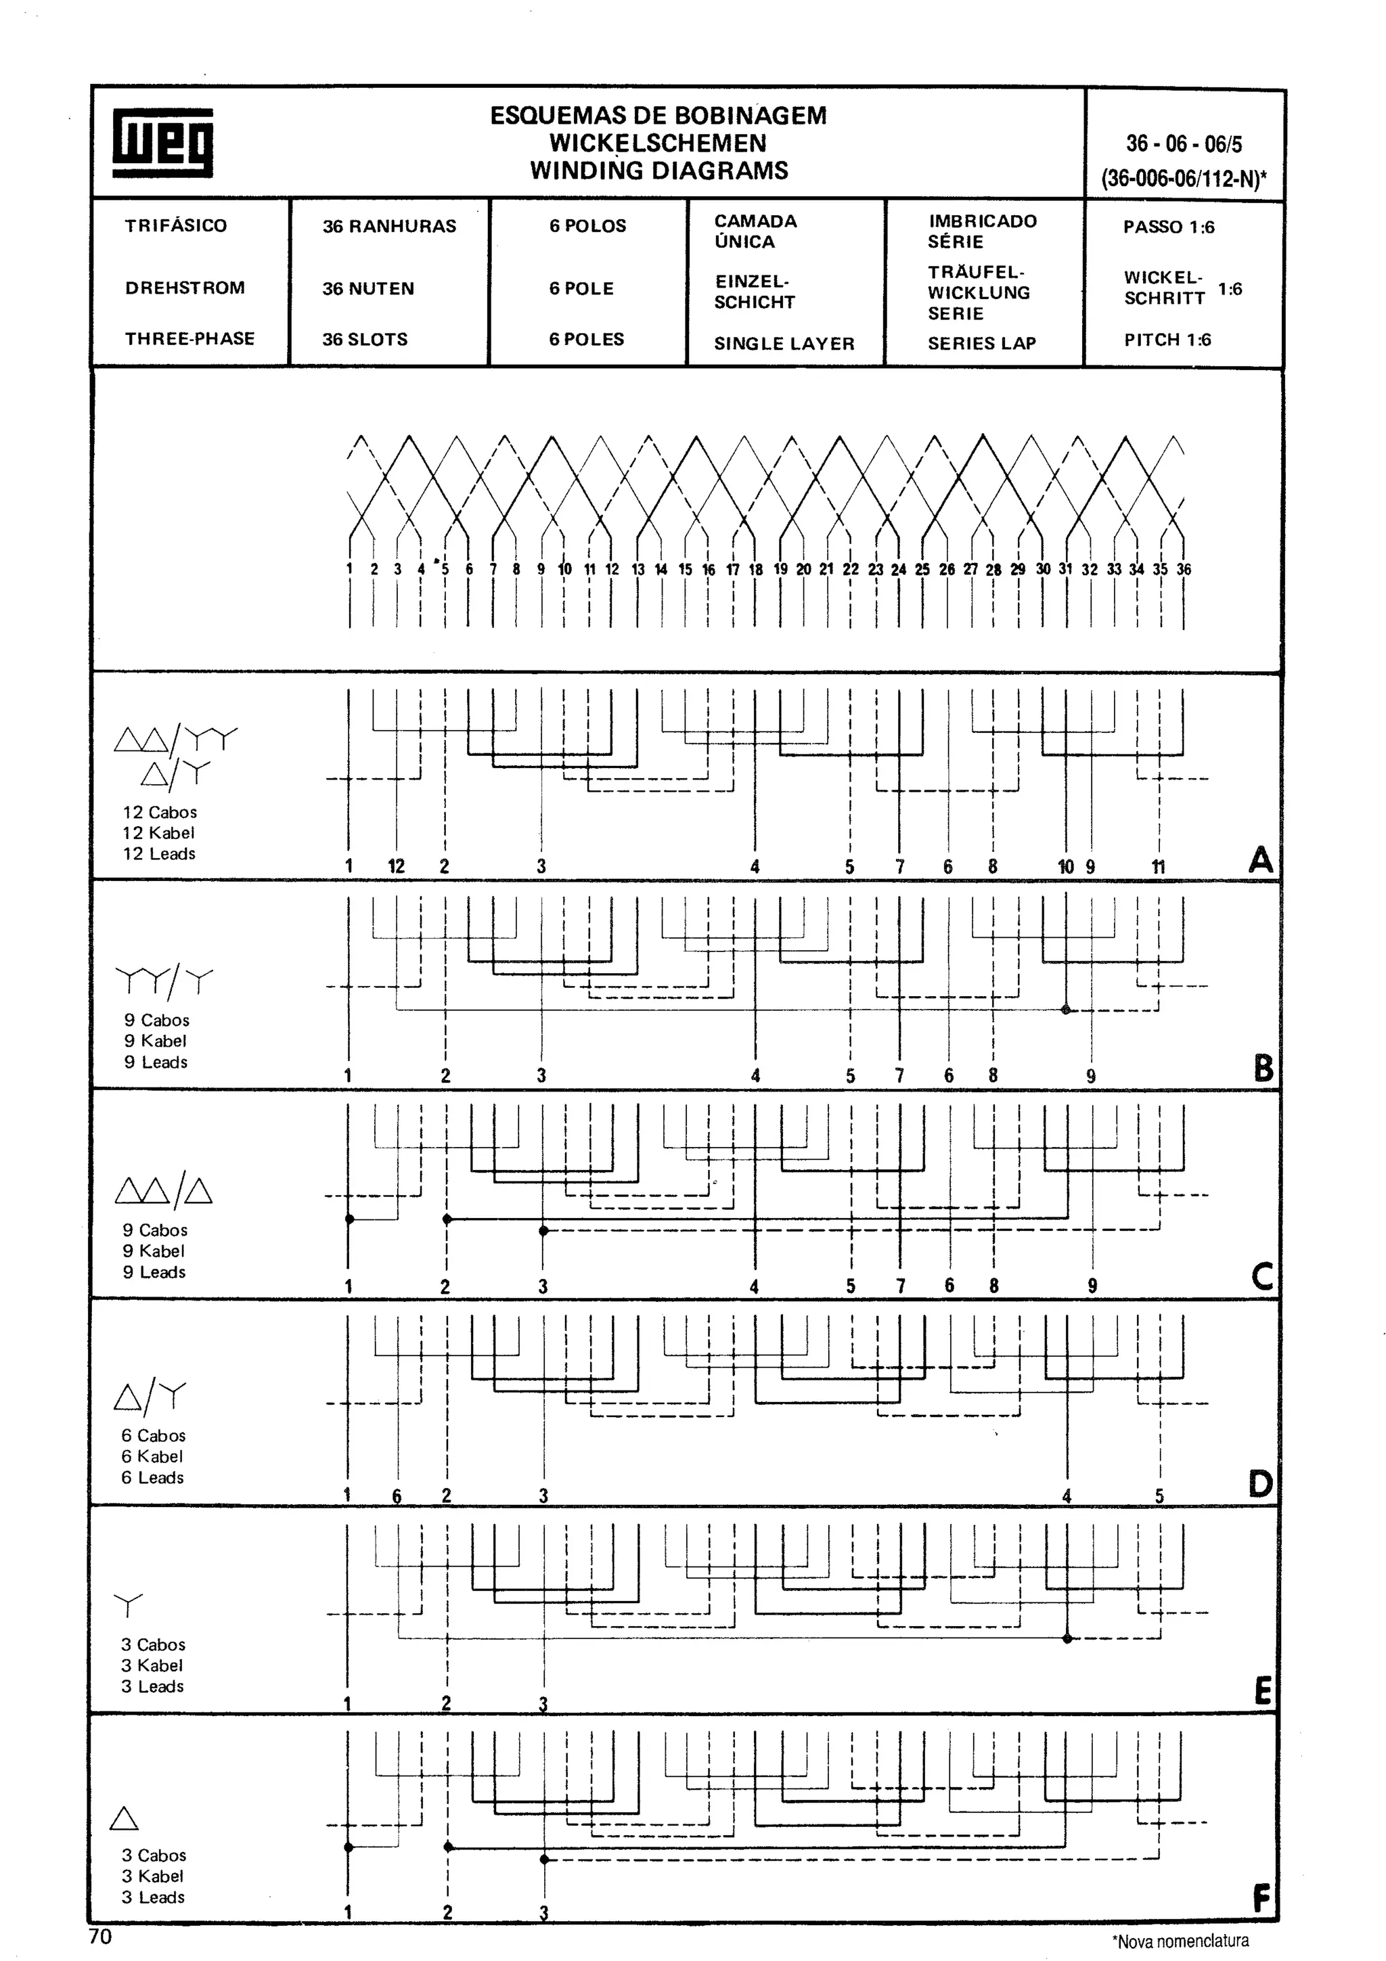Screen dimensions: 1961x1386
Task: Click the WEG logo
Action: [162, 142]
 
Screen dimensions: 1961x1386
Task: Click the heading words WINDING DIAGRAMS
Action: [658, 170]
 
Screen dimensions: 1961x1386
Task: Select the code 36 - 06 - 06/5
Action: [1184, 143]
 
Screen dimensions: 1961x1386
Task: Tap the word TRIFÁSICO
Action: [176, 225]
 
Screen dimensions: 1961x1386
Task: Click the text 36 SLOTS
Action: [365, 339]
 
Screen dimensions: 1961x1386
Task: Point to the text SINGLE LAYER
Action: [784, 343]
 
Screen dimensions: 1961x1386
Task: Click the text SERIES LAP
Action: [982, 343]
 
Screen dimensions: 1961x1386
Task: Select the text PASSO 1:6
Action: [1168, 227]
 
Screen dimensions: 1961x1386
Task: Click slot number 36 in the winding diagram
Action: [1184, 569]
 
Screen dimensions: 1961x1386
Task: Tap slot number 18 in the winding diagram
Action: [756, 569]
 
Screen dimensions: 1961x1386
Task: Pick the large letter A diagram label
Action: [1261, 859]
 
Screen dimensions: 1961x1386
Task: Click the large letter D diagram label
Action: [1261, 1483]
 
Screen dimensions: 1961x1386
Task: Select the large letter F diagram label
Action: [1261, 1899]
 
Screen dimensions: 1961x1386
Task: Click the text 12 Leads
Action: [159, 853]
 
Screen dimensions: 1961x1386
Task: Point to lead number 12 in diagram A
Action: [397, 866]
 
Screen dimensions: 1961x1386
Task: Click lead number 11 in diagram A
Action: [1158, 867]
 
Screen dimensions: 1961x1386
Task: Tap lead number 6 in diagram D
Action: [397, 1495]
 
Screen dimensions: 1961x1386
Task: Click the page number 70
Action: [100, 1936]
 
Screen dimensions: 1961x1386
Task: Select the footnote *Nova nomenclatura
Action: [1180, 1941]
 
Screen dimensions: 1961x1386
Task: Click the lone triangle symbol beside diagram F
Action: [125, 1818]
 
